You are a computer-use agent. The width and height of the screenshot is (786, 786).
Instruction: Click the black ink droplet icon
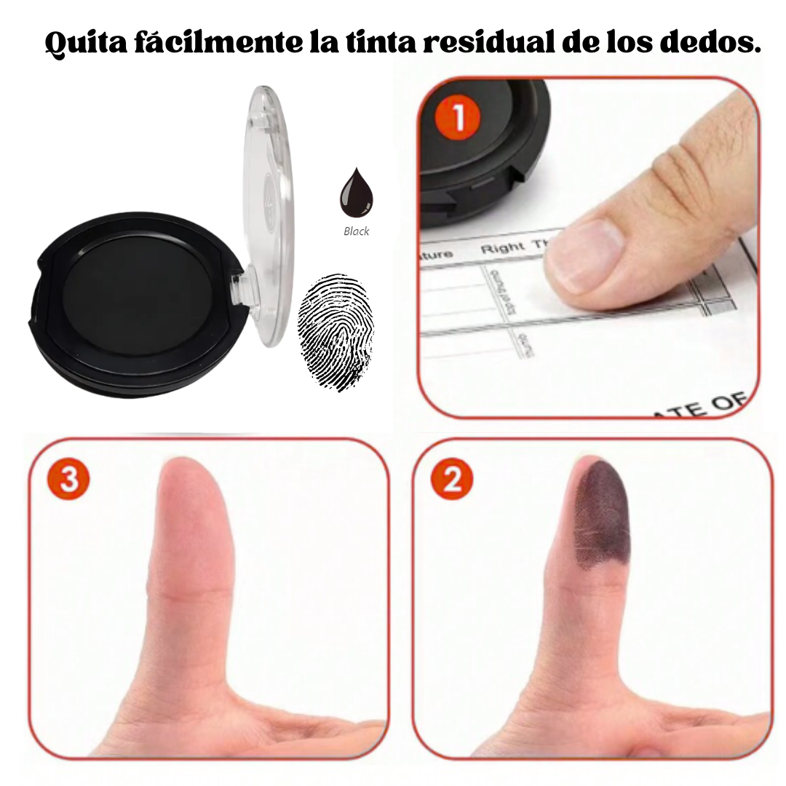(x=356, y=192)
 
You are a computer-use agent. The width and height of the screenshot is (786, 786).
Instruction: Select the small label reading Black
(x=357, y=231)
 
